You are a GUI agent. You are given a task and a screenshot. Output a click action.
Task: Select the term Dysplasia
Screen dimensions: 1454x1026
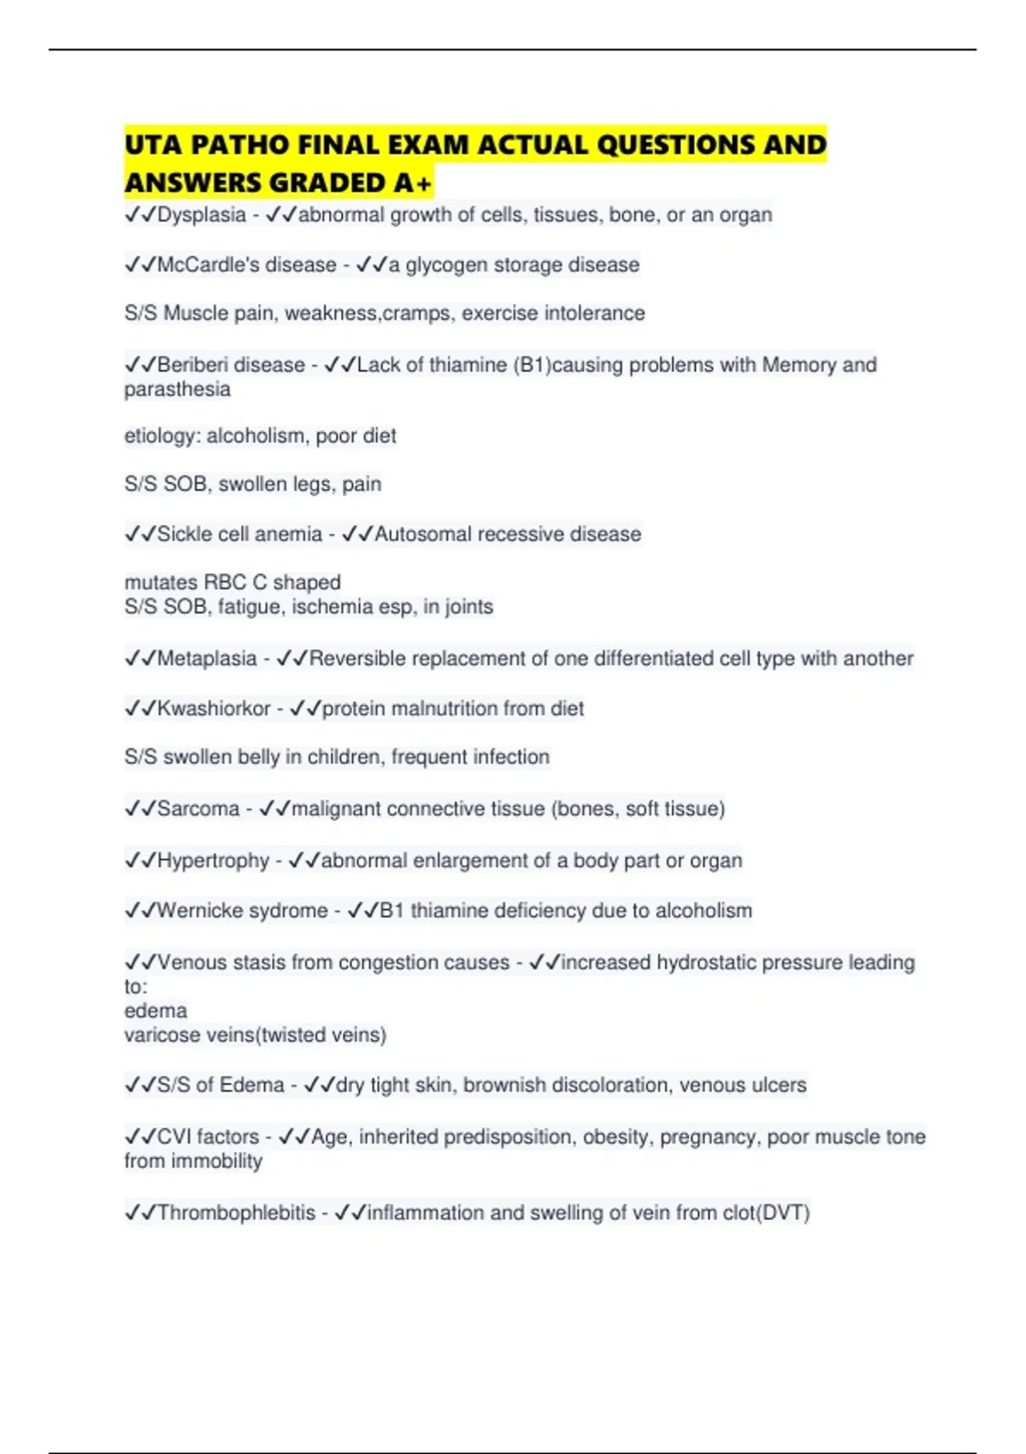point(202,215)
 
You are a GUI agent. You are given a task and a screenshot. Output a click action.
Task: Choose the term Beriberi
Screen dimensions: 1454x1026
point(192,365)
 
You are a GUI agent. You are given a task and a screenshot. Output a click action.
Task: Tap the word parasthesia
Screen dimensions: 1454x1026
point(177,389)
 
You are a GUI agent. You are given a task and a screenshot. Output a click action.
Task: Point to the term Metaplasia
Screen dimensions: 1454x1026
point(207,659)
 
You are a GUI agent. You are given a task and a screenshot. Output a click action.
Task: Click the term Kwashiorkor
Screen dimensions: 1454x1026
point(214,709)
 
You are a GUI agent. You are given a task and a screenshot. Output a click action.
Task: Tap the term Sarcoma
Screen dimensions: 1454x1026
point(198,809)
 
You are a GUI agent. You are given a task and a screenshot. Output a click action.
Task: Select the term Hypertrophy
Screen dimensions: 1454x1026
point(213,860)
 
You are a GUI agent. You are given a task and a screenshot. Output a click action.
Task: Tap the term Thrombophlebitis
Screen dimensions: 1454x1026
point(236,1213)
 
